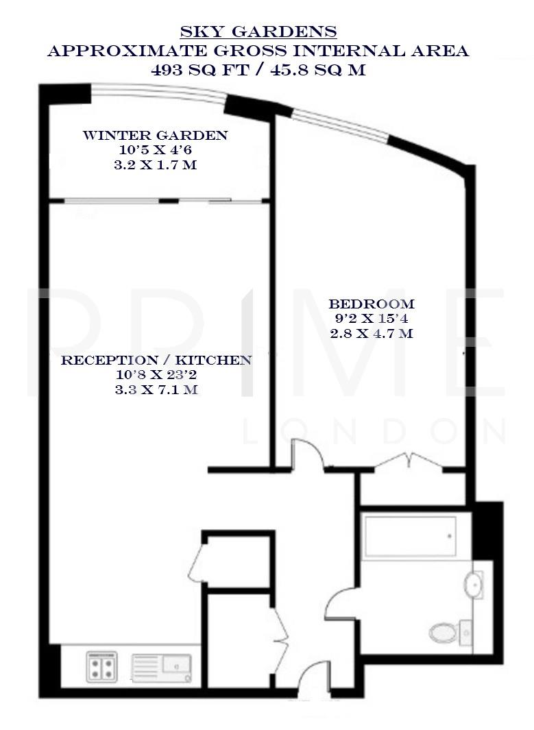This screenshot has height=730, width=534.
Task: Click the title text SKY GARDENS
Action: click(258, 32)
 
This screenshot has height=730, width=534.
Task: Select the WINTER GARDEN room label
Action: click(155, 135)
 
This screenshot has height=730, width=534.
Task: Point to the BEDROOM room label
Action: click(372, 304)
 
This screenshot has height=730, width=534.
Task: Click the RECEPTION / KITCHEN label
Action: click(157, 360)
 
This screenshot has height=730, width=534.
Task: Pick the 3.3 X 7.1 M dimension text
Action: click(157, 390)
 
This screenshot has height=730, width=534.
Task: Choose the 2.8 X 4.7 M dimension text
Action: click(372, 334)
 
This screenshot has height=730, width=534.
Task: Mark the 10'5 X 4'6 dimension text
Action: click(155, 150)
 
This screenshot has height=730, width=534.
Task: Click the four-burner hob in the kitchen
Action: click(101, 666)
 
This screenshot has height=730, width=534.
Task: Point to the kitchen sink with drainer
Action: click(163, 666)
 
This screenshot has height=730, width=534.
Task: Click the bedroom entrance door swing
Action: click(306, 454)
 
